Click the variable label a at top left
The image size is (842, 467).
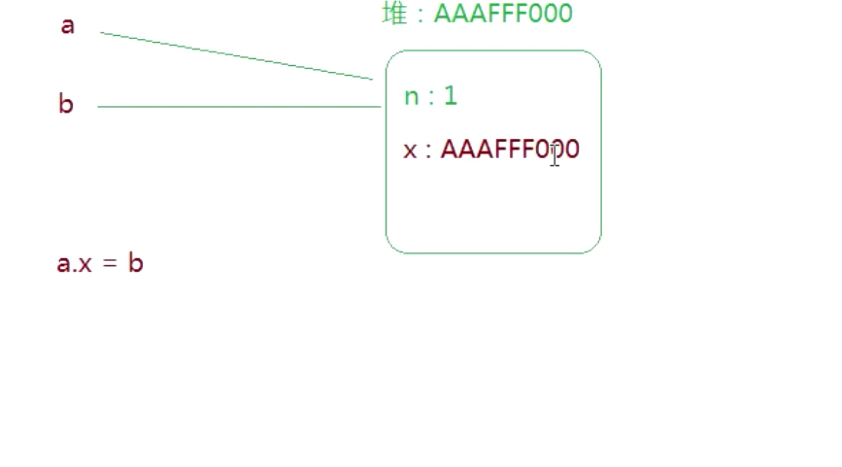point(68,26)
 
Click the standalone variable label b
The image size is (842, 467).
point(66,104)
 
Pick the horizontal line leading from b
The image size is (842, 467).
point(239,106)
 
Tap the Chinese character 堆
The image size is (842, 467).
point(394,13)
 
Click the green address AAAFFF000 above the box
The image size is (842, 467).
point(503,13)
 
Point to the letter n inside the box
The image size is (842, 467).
point(411,97)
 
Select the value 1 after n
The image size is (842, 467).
point(451,96)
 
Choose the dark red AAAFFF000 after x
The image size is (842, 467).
point(510,149)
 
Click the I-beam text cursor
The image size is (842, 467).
point(555,155)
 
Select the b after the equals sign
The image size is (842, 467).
point(136,263)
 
